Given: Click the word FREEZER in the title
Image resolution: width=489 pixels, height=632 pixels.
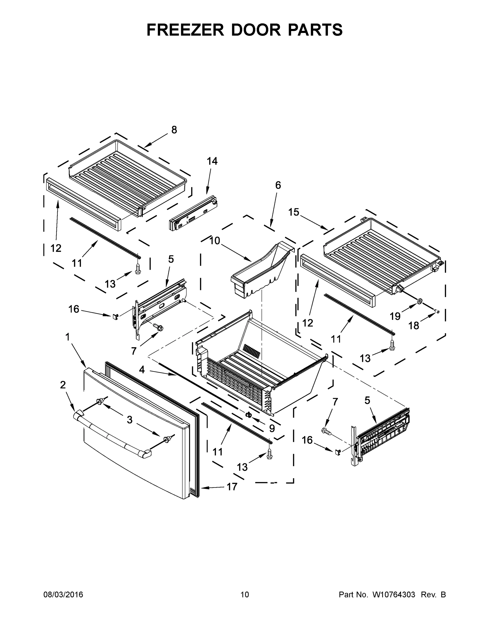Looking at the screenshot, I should [x=185, y=30].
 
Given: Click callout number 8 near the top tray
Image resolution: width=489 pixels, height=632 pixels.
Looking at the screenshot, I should [x=174, y=130].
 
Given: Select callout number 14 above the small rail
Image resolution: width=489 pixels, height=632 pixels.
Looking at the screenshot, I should [x=212, y=161].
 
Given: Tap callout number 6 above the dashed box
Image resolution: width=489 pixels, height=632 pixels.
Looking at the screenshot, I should [x=278, y=185].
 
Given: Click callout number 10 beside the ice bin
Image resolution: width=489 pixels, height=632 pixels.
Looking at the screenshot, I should [x=215, y=241].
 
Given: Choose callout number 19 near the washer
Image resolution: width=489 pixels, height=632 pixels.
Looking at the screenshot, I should [x=395, y=316].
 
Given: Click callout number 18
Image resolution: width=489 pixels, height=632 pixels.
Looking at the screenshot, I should [x=413, y=326].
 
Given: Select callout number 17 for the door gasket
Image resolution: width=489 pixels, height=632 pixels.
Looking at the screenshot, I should [x=232, y=487].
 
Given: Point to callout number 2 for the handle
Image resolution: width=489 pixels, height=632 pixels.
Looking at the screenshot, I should [x=63, y=385].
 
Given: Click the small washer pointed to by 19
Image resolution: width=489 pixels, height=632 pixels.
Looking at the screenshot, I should [x=419, y=302].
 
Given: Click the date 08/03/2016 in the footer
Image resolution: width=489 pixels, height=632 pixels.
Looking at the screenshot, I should [x=63, y=595].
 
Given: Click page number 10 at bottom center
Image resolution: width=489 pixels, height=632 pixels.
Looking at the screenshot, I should [x=245, y=595].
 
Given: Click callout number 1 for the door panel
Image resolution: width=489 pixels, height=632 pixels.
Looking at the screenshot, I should [x=67, y=337].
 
